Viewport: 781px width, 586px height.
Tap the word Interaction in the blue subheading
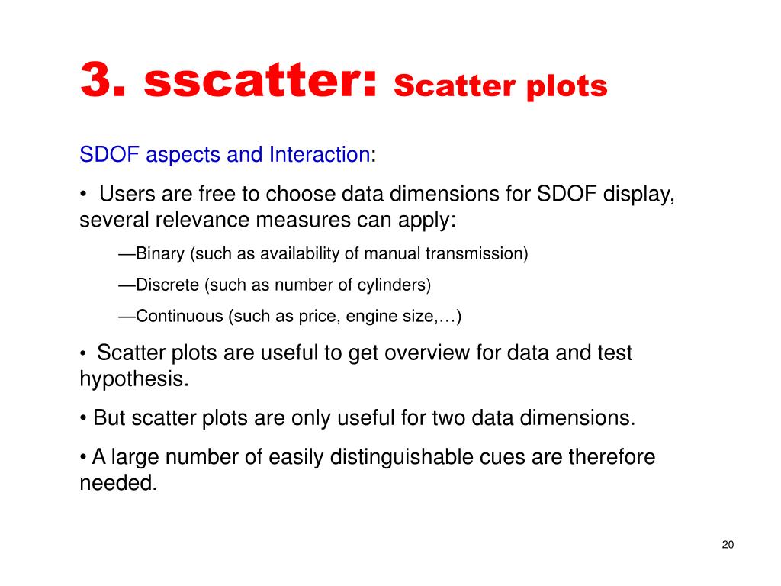click(320, 154)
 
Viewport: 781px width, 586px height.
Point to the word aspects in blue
click(183, 156)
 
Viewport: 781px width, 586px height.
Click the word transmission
click(476, 253)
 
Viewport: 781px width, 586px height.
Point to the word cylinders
click(394, 285)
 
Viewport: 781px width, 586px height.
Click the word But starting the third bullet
click(109, 417)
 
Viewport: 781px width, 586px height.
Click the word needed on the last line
click(118, 483)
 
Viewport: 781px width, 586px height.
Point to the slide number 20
click(728, 545)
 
